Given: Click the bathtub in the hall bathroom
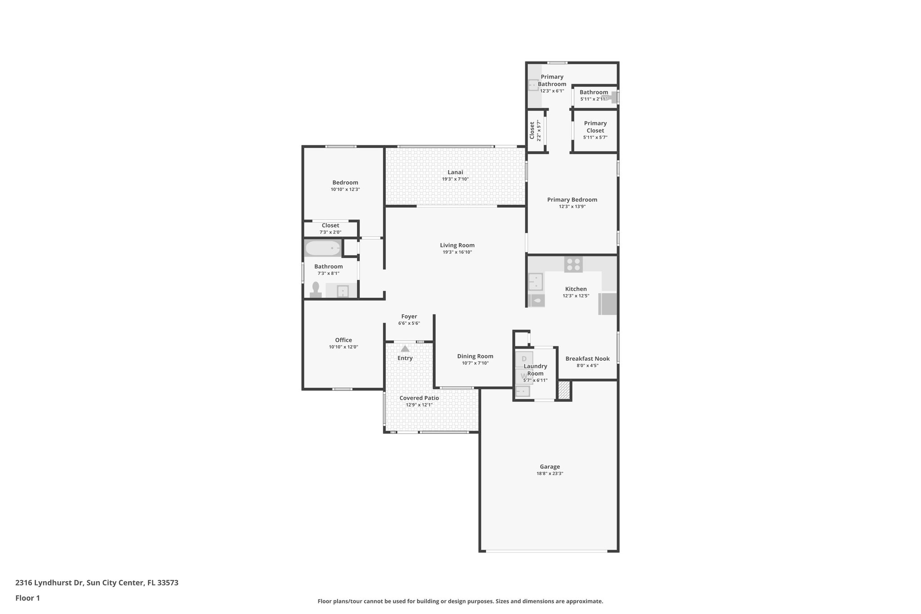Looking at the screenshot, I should coord(323,248).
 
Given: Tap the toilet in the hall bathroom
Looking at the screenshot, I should coord(316,290).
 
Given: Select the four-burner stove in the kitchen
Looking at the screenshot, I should coord(573,264).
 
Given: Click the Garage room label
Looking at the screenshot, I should coord(550,466).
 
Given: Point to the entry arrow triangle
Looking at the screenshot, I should coord(405,349).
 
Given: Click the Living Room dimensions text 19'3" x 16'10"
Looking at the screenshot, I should coord(457,252).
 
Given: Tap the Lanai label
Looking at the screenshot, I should coord(455,172).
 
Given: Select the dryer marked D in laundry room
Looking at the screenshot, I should coord(524,359).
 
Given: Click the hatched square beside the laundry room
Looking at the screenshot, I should coord(564,390).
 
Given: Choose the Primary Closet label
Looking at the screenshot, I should coord(595,127).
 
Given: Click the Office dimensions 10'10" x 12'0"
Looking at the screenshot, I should coord(343,347).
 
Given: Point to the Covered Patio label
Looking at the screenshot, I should coord(419,398).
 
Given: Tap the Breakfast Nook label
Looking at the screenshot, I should coord(587,359).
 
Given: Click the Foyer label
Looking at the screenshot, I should coord(409,317).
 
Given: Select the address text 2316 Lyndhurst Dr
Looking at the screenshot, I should coord(49,583).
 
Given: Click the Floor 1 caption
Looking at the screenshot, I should coord(27,598).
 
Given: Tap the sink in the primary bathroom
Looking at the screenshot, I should coord(533,84).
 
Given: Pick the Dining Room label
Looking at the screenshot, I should coord(475,356).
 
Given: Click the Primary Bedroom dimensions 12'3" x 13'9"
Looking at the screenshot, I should coord(572,207).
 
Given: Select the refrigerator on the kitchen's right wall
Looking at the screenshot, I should coord(607,304).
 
